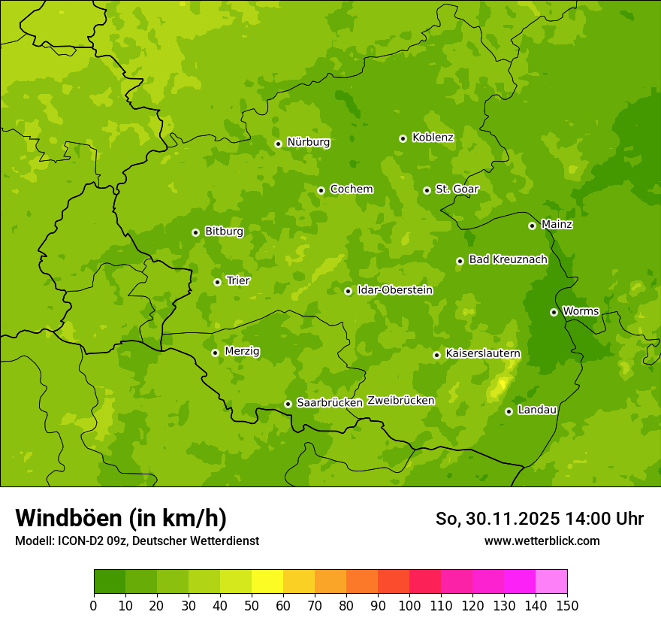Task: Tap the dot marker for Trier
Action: click(217, 282)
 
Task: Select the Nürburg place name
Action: click(308, 142)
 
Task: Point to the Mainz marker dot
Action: click(532, 226)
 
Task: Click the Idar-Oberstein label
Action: click(394, 290)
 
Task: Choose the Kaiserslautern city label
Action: click(482, 353)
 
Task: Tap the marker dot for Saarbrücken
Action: click(288, 404)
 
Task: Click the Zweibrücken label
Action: click(400, 401)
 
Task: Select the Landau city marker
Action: click(509, 411)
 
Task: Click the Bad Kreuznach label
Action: click(508, 259)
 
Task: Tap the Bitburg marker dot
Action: click(195, 232)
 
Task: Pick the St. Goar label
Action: click(457, 189)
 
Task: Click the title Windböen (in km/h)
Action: click(121, 518)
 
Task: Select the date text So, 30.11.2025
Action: click(497, 519)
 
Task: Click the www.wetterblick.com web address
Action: click(542, 541)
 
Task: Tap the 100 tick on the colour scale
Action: click(409, 605)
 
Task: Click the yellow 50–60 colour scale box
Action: click(267, 582)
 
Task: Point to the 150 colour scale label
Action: click(567, 605)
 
